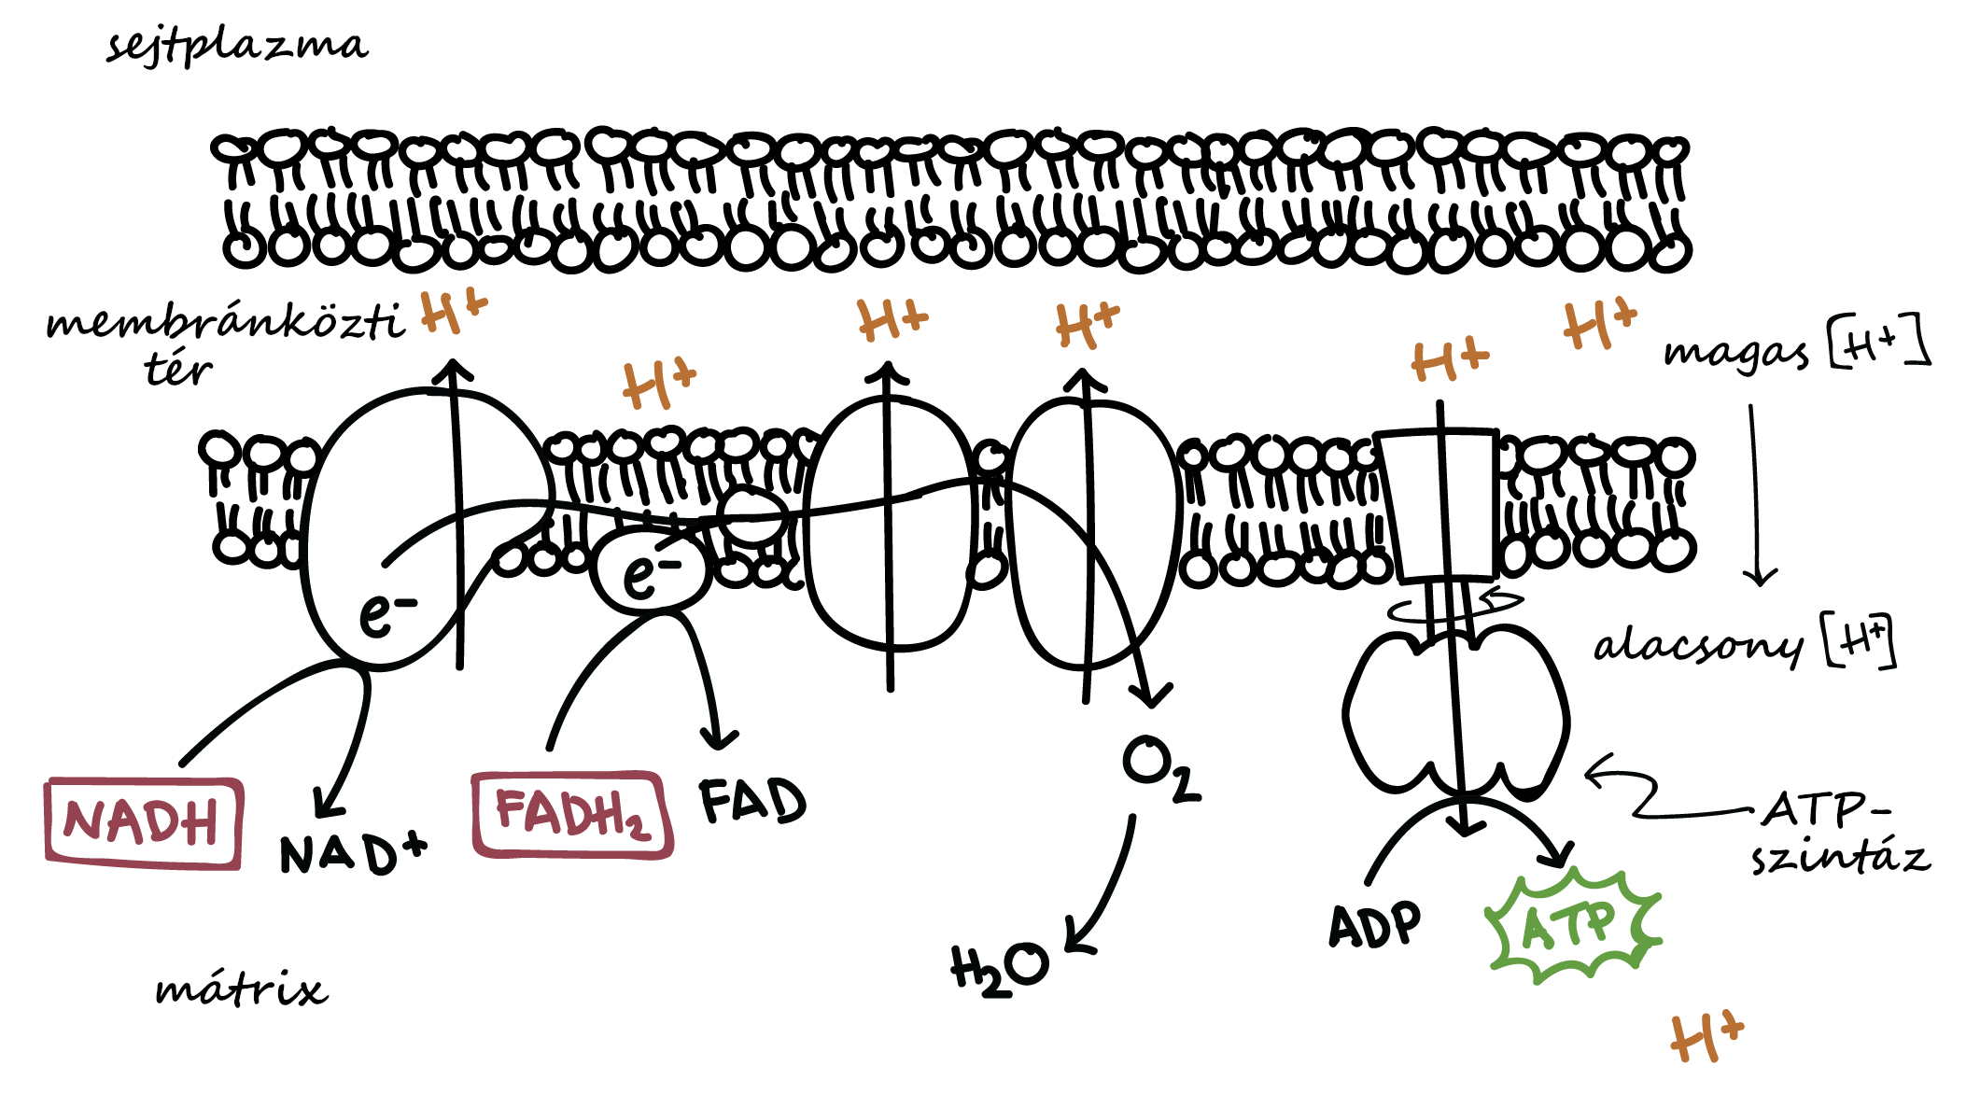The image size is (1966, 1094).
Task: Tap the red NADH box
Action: coord(144,823)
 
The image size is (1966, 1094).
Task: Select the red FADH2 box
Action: coord(572,814)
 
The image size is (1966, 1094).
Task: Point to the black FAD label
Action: coord(752,800)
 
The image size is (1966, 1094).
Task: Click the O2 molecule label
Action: coord(1161,768)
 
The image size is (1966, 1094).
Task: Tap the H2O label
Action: coord(999,969)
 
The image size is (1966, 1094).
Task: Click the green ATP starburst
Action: coord(1571,924)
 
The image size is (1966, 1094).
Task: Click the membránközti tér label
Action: coord(226,342)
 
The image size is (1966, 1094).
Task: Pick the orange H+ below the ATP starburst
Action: coord(1706,1037)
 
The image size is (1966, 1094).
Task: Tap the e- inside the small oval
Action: coord(651,571)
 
